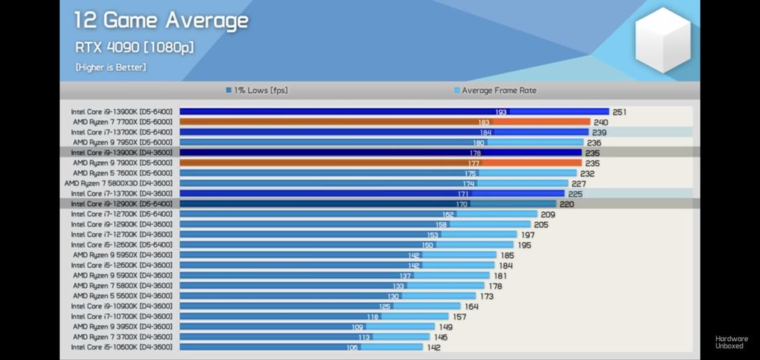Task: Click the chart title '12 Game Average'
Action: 161,20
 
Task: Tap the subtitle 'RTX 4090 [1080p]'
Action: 135,47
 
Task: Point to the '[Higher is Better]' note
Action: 111,67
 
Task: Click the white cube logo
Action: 662,40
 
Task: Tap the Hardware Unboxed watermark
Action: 731,342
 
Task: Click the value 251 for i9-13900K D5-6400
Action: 620,112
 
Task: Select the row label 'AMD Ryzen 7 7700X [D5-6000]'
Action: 122,122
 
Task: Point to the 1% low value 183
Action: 483,122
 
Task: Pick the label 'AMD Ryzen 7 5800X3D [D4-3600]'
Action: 118,183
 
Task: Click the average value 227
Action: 579,183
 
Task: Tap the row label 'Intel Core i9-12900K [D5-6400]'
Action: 121,204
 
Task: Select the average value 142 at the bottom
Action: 433,347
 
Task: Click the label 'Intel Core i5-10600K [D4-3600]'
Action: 121,347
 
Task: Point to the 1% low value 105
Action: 352,347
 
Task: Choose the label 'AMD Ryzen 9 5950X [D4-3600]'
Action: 122,255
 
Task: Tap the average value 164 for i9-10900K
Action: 471,306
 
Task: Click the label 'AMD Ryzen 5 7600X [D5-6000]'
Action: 122,173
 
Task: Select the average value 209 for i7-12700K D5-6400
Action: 548,214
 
